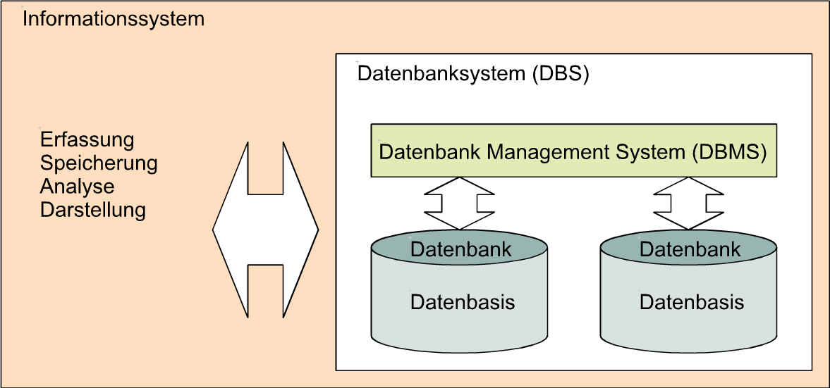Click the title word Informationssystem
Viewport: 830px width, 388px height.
114,20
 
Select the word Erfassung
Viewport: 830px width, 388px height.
87,140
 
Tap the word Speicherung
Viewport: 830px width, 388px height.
99,163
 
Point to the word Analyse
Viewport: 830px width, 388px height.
78,187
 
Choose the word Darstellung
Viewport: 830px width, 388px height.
93,210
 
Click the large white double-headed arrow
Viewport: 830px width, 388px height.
265,230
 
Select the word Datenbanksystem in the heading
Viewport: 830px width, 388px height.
441,74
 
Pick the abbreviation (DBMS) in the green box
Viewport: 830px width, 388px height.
729,152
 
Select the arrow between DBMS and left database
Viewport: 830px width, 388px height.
459,204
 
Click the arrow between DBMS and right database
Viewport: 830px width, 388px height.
689,204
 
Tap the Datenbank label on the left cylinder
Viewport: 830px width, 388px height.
461,249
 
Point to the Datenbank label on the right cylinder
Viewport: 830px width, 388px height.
690,249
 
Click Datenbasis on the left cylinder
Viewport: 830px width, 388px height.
463,302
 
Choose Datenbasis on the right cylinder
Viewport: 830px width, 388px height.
692,302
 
